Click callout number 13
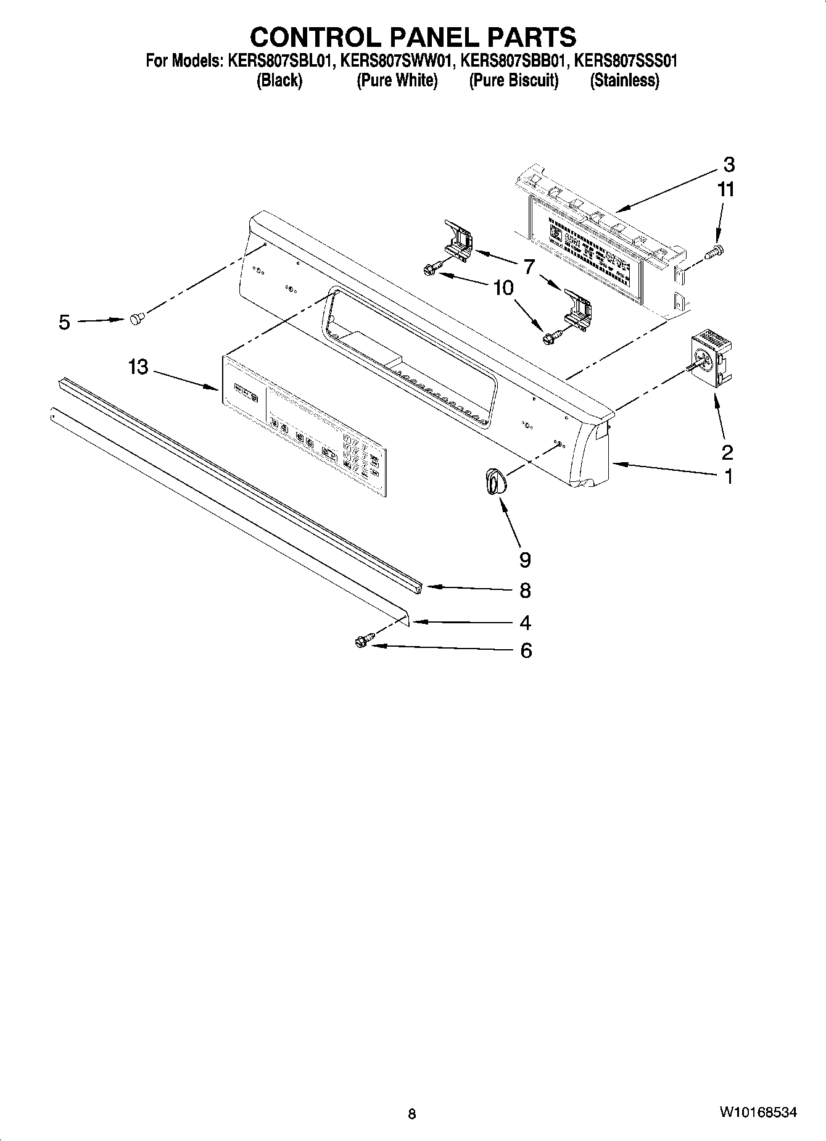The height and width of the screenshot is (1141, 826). [138, 367]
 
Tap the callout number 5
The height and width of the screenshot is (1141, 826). [64, 322]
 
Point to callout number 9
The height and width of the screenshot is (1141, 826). [524, 560]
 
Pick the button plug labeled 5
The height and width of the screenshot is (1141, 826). [136, 318]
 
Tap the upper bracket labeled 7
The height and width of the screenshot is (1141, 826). [459, 241]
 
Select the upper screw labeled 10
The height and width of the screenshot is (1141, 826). [430, 268]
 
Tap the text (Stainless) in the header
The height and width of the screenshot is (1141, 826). [624, 81]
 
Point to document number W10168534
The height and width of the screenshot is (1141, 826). [757, 1112]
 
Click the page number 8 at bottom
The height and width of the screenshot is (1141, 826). [412, 1114]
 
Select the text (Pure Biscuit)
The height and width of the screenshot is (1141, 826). [513, 81]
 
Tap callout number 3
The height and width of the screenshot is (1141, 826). [729, 165]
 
